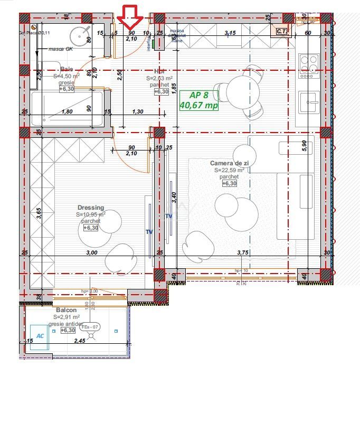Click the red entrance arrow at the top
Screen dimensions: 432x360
[130, 16]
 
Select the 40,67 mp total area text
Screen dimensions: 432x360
[199, 105]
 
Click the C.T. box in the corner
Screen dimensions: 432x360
[282, 32]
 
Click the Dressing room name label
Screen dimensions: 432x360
[91, 208]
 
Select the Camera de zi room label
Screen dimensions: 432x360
[229, 164]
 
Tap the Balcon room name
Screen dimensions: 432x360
[66, 310]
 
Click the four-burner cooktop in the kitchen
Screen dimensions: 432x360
[308, 63]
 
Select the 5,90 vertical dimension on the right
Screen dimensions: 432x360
[304, 146]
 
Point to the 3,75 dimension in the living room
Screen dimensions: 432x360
[242, 252]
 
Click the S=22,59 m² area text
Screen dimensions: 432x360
[229, 171]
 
